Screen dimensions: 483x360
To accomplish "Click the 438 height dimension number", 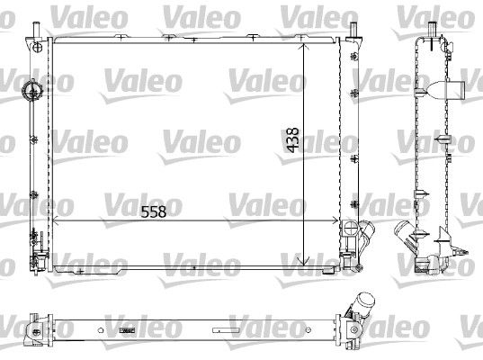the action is click(292, 139).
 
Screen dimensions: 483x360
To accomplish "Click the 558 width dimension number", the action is click(154, 211).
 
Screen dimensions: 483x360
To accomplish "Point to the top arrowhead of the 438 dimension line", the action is click(304, 47).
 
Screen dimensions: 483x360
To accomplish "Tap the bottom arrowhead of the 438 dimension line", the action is click(304, 262).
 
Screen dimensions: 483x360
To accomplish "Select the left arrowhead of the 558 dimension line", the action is click(57, 220).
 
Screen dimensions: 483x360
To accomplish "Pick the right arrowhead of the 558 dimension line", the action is click(335, 220).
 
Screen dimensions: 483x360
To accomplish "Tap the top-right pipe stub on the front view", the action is click(353, 31).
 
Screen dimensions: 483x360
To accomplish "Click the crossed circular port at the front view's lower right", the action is click(350, 228).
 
